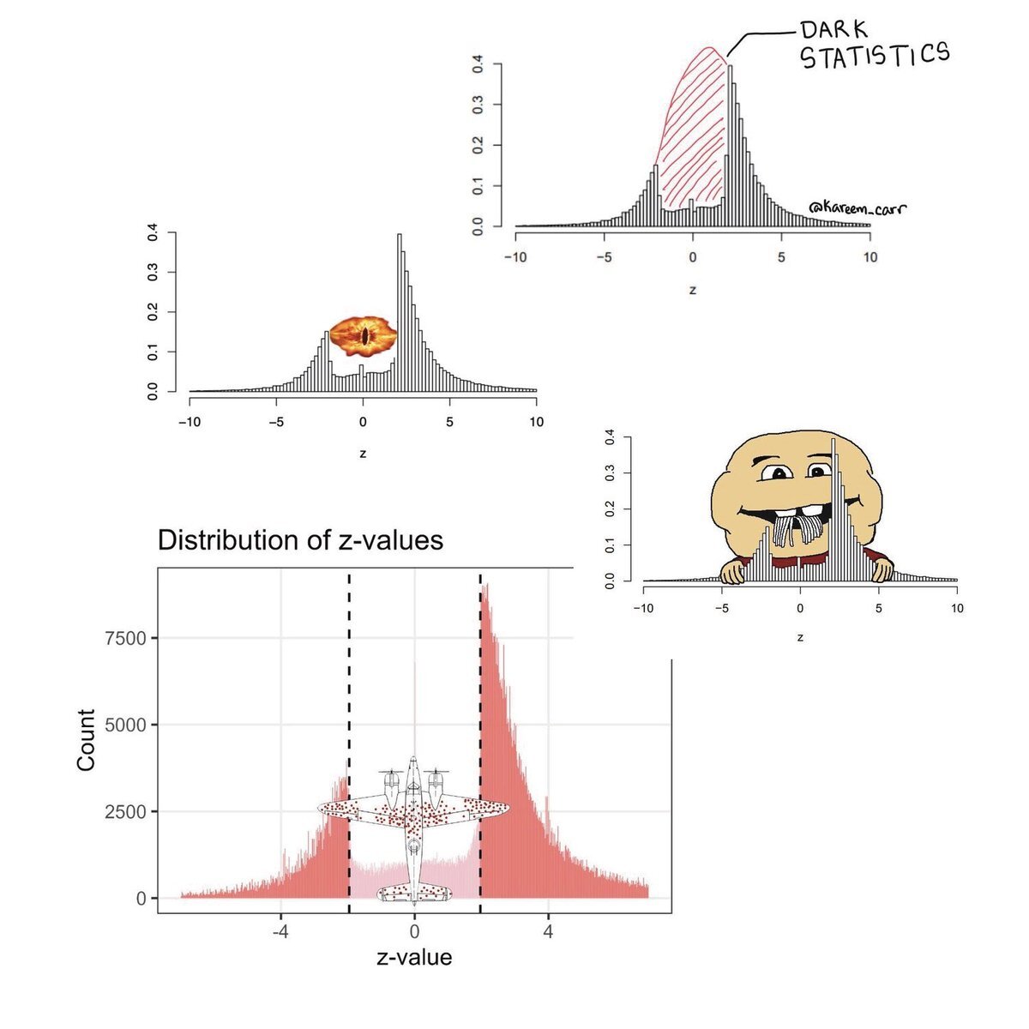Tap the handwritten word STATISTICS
[x=876, y=57]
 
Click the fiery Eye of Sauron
[x=364, y=334]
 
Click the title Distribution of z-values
[x=300, y=540]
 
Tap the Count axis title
[x=86, y=739]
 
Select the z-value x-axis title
[x=414, y=957]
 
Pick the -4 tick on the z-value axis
[x=279, y=932]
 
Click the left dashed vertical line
[x=349, y=686]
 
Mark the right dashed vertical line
[x=480, y=686]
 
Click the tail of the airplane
[x=414, y=894]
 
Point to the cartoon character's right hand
[x=881, y=566]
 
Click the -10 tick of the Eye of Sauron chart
[x=190, y=423]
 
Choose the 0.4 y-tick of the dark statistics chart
[x=478, y=63]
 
